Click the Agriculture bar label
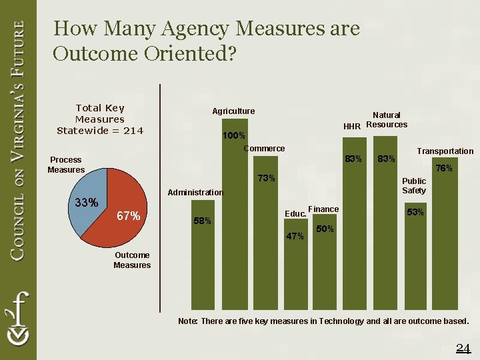[x=233, y=111]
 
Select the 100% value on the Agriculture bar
[x=233, y=136]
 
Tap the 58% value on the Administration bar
[x=203, y=221]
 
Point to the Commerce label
[x=264, y=149]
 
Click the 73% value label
[x=266, y=178]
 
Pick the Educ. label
[x=295, y=214]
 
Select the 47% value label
[x=295, y=237]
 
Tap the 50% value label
[x=325, y=229]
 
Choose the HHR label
[x=352, y=127]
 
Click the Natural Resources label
[x=387, y=120]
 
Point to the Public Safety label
[x=414, y=186]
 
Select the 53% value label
[x=415, y=213]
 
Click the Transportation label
[x=445, y=151]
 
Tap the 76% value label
[x=444, y=169]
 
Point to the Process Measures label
[x=66, y=165]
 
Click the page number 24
[x=463, y=347]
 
